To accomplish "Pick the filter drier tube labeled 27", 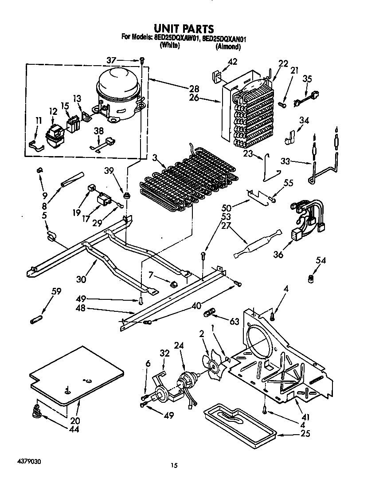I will [x=257, y=243].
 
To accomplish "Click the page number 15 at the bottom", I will [x=175, y=465].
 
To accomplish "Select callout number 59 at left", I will [x=56, y=291].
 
